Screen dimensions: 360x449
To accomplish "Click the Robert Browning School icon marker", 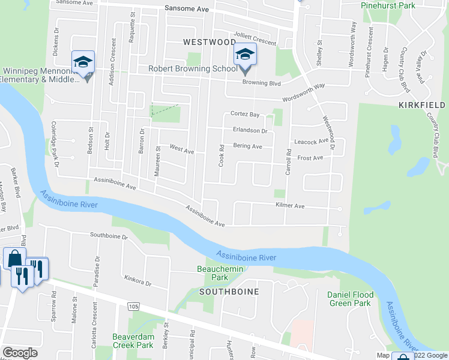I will pyautogui.click(x=245, y=55).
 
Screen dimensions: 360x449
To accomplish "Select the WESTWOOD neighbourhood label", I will pyautogui.click(x=209, y=42).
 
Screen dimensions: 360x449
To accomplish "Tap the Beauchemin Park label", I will pyautogui.click(x=220, y=273).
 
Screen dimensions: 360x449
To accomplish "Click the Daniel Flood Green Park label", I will pyautogui.click(x=350, y=299).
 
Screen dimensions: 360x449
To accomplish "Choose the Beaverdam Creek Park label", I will pyautogui.click(x=133, y=341).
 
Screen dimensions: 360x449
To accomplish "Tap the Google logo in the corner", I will pyautogui.click(x=20, y=353).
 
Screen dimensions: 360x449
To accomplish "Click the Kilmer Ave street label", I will pyautogui.click(x=290, y=206).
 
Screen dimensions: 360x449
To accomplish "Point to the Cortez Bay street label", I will pyautogui.click(x=245, y=114).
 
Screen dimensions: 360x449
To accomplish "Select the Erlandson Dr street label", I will pyautogui.click(x=250, y=130).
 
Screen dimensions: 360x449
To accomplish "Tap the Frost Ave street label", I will pyautogui.click(x=310, y=158).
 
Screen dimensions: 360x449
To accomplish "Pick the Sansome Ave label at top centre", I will pyautogui.click(x=186, y=10).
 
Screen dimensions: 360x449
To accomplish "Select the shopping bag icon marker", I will pyautogui.click(x=14, y=259).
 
